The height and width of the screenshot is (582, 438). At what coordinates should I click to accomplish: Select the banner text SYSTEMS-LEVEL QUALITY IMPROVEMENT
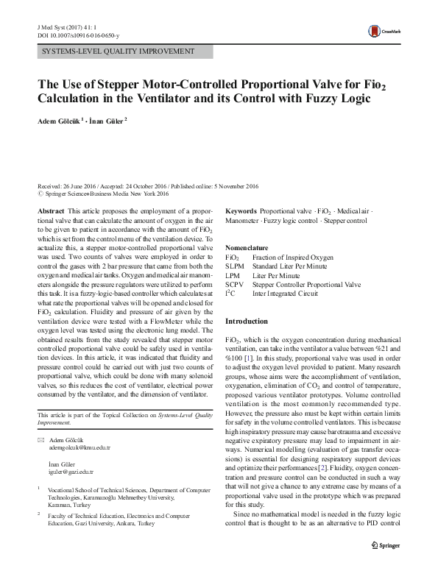118,52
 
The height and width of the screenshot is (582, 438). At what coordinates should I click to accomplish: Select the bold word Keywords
241,210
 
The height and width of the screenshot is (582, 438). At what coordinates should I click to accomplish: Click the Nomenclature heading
247,248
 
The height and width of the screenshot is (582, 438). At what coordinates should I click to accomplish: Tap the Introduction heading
248,322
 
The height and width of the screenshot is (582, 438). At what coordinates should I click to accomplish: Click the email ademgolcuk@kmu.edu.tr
79,447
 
